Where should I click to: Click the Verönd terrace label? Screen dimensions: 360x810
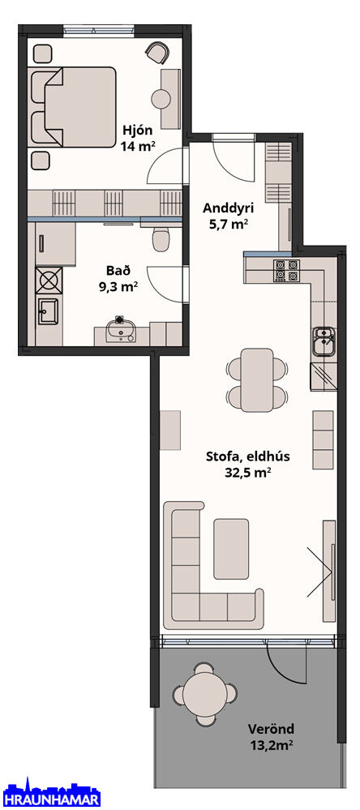[x=271, y=730]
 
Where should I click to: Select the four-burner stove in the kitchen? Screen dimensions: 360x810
[x=287, y=270]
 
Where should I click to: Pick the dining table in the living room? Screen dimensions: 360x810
[x=257, y=380]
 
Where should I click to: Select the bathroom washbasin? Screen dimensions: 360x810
[x=120, y=330]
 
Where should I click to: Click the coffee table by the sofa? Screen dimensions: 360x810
[x=231, y=549]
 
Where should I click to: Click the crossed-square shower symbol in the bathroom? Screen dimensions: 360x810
[x=49, y=281]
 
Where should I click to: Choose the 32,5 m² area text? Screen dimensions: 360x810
[x=248, y=472]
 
